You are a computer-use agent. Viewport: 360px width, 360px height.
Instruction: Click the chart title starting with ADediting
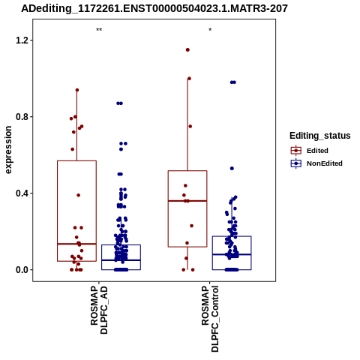click(x=154, y=8)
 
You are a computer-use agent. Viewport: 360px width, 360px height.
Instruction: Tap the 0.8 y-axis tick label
click(x=21, y=117)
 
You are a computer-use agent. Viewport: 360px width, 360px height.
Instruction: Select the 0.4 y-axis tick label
click(x=21, y=193)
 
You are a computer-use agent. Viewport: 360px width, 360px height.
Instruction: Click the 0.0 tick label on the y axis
click(x=21, y=270)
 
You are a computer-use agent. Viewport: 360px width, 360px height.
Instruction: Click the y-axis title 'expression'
click(x=8, y=150)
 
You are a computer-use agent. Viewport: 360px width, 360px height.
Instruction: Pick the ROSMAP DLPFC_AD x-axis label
click(x=99, y=310)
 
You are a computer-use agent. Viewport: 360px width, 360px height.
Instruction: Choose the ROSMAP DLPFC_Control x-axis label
click(x=210, y=319)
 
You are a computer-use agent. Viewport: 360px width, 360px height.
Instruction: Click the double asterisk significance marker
click(x=99, y=30)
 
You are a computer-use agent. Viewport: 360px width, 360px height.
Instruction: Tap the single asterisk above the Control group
click(x=210, y=30)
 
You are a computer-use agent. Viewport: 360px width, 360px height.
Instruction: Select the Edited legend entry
click(x=309, y=151)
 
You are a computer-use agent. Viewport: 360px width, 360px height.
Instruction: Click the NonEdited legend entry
click(x=316, y=163)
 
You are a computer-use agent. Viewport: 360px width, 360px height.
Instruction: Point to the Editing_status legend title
click(x=320, y=136)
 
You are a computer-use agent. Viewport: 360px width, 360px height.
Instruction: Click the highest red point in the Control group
click(x=187, y=50)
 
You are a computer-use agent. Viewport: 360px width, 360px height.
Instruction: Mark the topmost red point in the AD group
click(x=77, y=90)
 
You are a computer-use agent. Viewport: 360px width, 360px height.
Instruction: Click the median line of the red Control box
click(x=187, y=201)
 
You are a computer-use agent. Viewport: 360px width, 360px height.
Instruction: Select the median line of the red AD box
click(x=76, y=244)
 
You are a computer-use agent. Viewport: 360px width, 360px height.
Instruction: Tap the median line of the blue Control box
click(x=232, y=254)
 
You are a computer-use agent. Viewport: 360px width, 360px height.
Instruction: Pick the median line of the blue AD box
click(x=121, y=260)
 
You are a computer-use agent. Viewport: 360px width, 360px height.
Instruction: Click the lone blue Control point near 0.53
click(x=232, y=169)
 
